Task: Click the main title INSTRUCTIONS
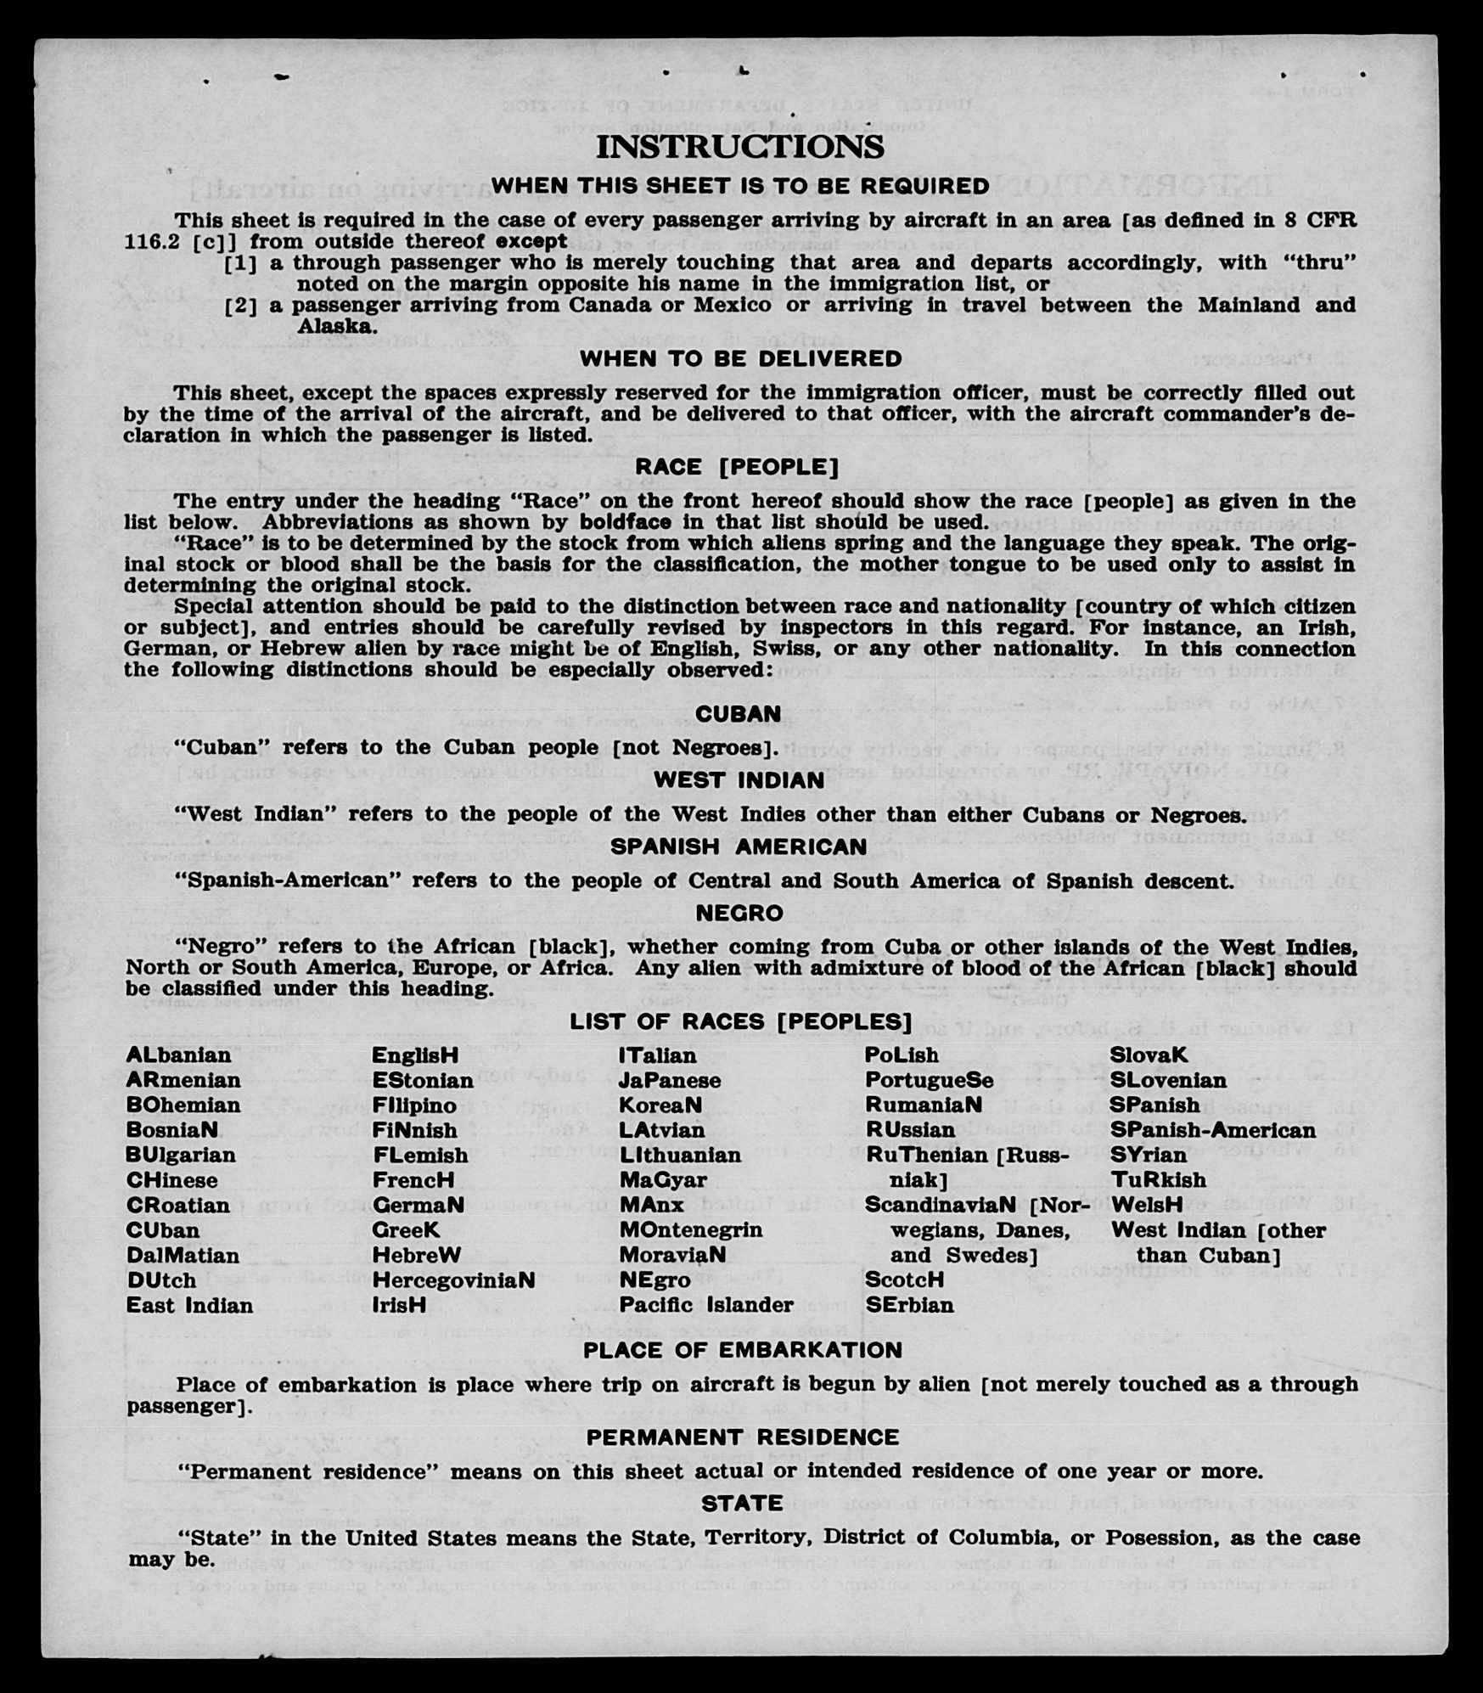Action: tap(739, 147)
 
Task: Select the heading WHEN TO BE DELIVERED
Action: tap(740, 359)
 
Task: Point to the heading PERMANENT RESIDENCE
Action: tap(742, 1437)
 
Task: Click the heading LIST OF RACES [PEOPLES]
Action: tap(740, 1021)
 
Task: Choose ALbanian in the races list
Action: tap(178, 1055)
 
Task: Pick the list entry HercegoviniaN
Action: tap(453, 1280)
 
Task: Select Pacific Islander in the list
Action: tap(705, 1305)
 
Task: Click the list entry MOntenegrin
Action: tap(690, 1229)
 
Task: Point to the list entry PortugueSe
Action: tap(929, 1080)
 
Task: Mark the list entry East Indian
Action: tap(189, 1305)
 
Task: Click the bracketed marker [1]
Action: tap(240, 263)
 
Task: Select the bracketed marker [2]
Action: tap(240, 306)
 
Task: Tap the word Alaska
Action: tap(335, 326)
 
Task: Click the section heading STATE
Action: tap(741, 1503)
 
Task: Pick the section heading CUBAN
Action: tap(739, 714)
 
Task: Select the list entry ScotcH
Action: tap(904, 1280)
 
